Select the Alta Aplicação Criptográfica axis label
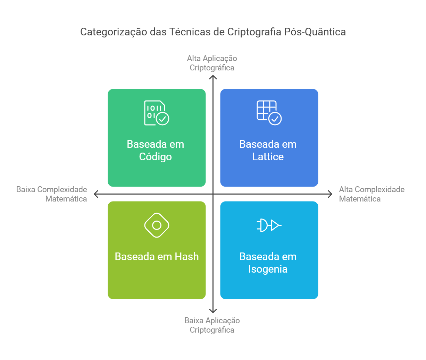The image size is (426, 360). point(212,63)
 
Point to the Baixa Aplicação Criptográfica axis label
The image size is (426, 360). point(212,325)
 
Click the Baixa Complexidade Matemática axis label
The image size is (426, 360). point(52,194)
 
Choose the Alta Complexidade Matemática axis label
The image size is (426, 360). point(371,194)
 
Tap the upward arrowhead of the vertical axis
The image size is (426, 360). point(213,77)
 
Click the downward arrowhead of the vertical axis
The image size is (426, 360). point(213,311)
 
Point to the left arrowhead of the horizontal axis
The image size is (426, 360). point(96,194)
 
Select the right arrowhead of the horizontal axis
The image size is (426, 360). point(330,194)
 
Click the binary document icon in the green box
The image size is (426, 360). point(156,113)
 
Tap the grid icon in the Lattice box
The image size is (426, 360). point(269,113)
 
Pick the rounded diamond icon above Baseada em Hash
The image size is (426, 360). point(157,225)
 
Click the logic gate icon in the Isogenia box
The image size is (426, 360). point(269,225)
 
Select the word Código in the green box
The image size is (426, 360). point(155,157)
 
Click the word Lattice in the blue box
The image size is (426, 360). point(268,157)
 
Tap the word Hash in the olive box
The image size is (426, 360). point(187,257)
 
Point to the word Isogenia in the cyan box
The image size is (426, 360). point(268,269)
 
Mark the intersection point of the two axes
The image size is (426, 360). point(213,194)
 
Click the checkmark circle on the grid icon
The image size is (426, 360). point(275,119)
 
